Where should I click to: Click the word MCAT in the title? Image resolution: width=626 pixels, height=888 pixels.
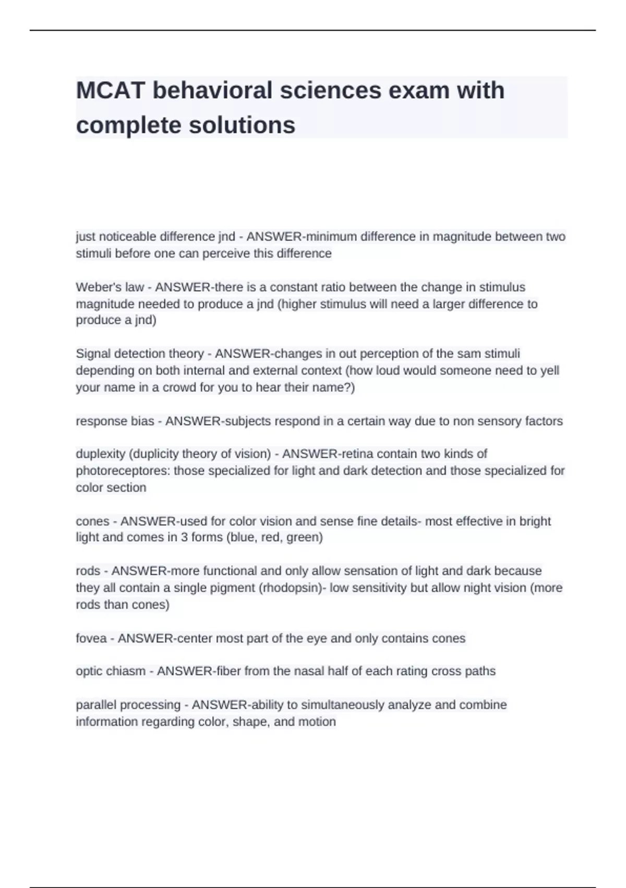point(110,90)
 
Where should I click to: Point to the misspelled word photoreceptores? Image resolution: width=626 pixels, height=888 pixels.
point(123,471)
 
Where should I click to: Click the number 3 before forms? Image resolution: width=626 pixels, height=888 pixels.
point(184,537)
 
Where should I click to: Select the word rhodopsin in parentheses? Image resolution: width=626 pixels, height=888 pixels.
point(292,588)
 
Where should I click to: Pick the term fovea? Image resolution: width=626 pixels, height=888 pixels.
point(91,638)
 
